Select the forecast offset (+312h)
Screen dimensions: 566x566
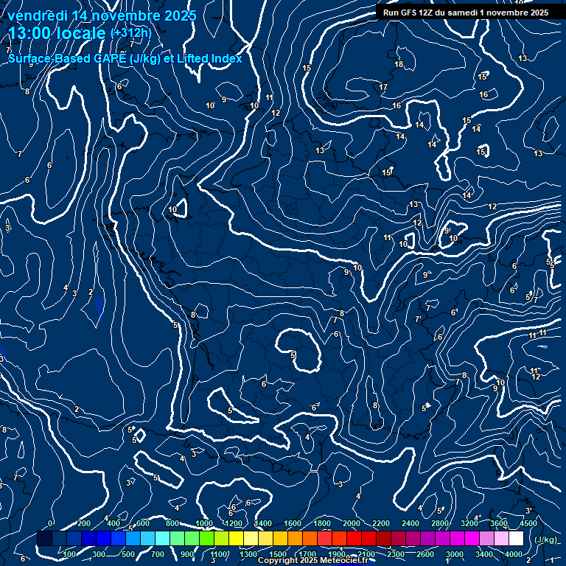point(130,33)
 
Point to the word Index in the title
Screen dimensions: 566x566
point(226,58)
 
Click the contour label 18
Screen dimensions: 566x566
point(399,65)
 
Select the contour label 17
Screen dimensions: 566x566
point(383,87)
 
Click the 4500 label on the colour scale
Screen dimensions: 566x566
point(528,524)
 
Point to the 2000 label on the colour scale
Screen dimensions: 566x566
point(352,524)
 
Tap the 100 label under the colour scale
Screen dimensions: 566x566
point(70,554)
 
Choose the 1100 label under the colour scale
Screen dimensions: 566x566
point(219,554)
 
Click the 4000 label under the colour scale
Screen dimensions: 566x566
point(514,554)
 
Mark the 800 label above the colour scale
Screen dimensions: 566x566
point(173,524)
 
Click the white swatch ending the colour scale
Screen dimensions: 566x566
point(516,539)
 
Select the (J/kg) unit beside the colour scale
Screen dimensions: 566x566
point(545,539)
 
